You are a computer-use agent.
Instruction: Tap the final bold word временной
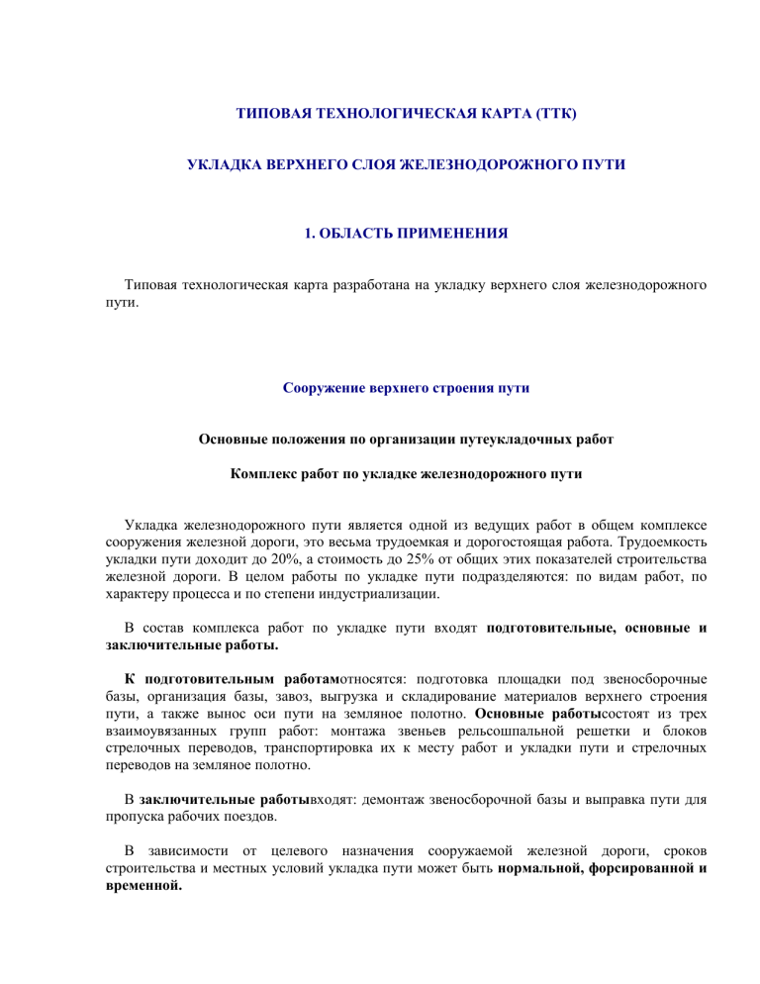(144, 885)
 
